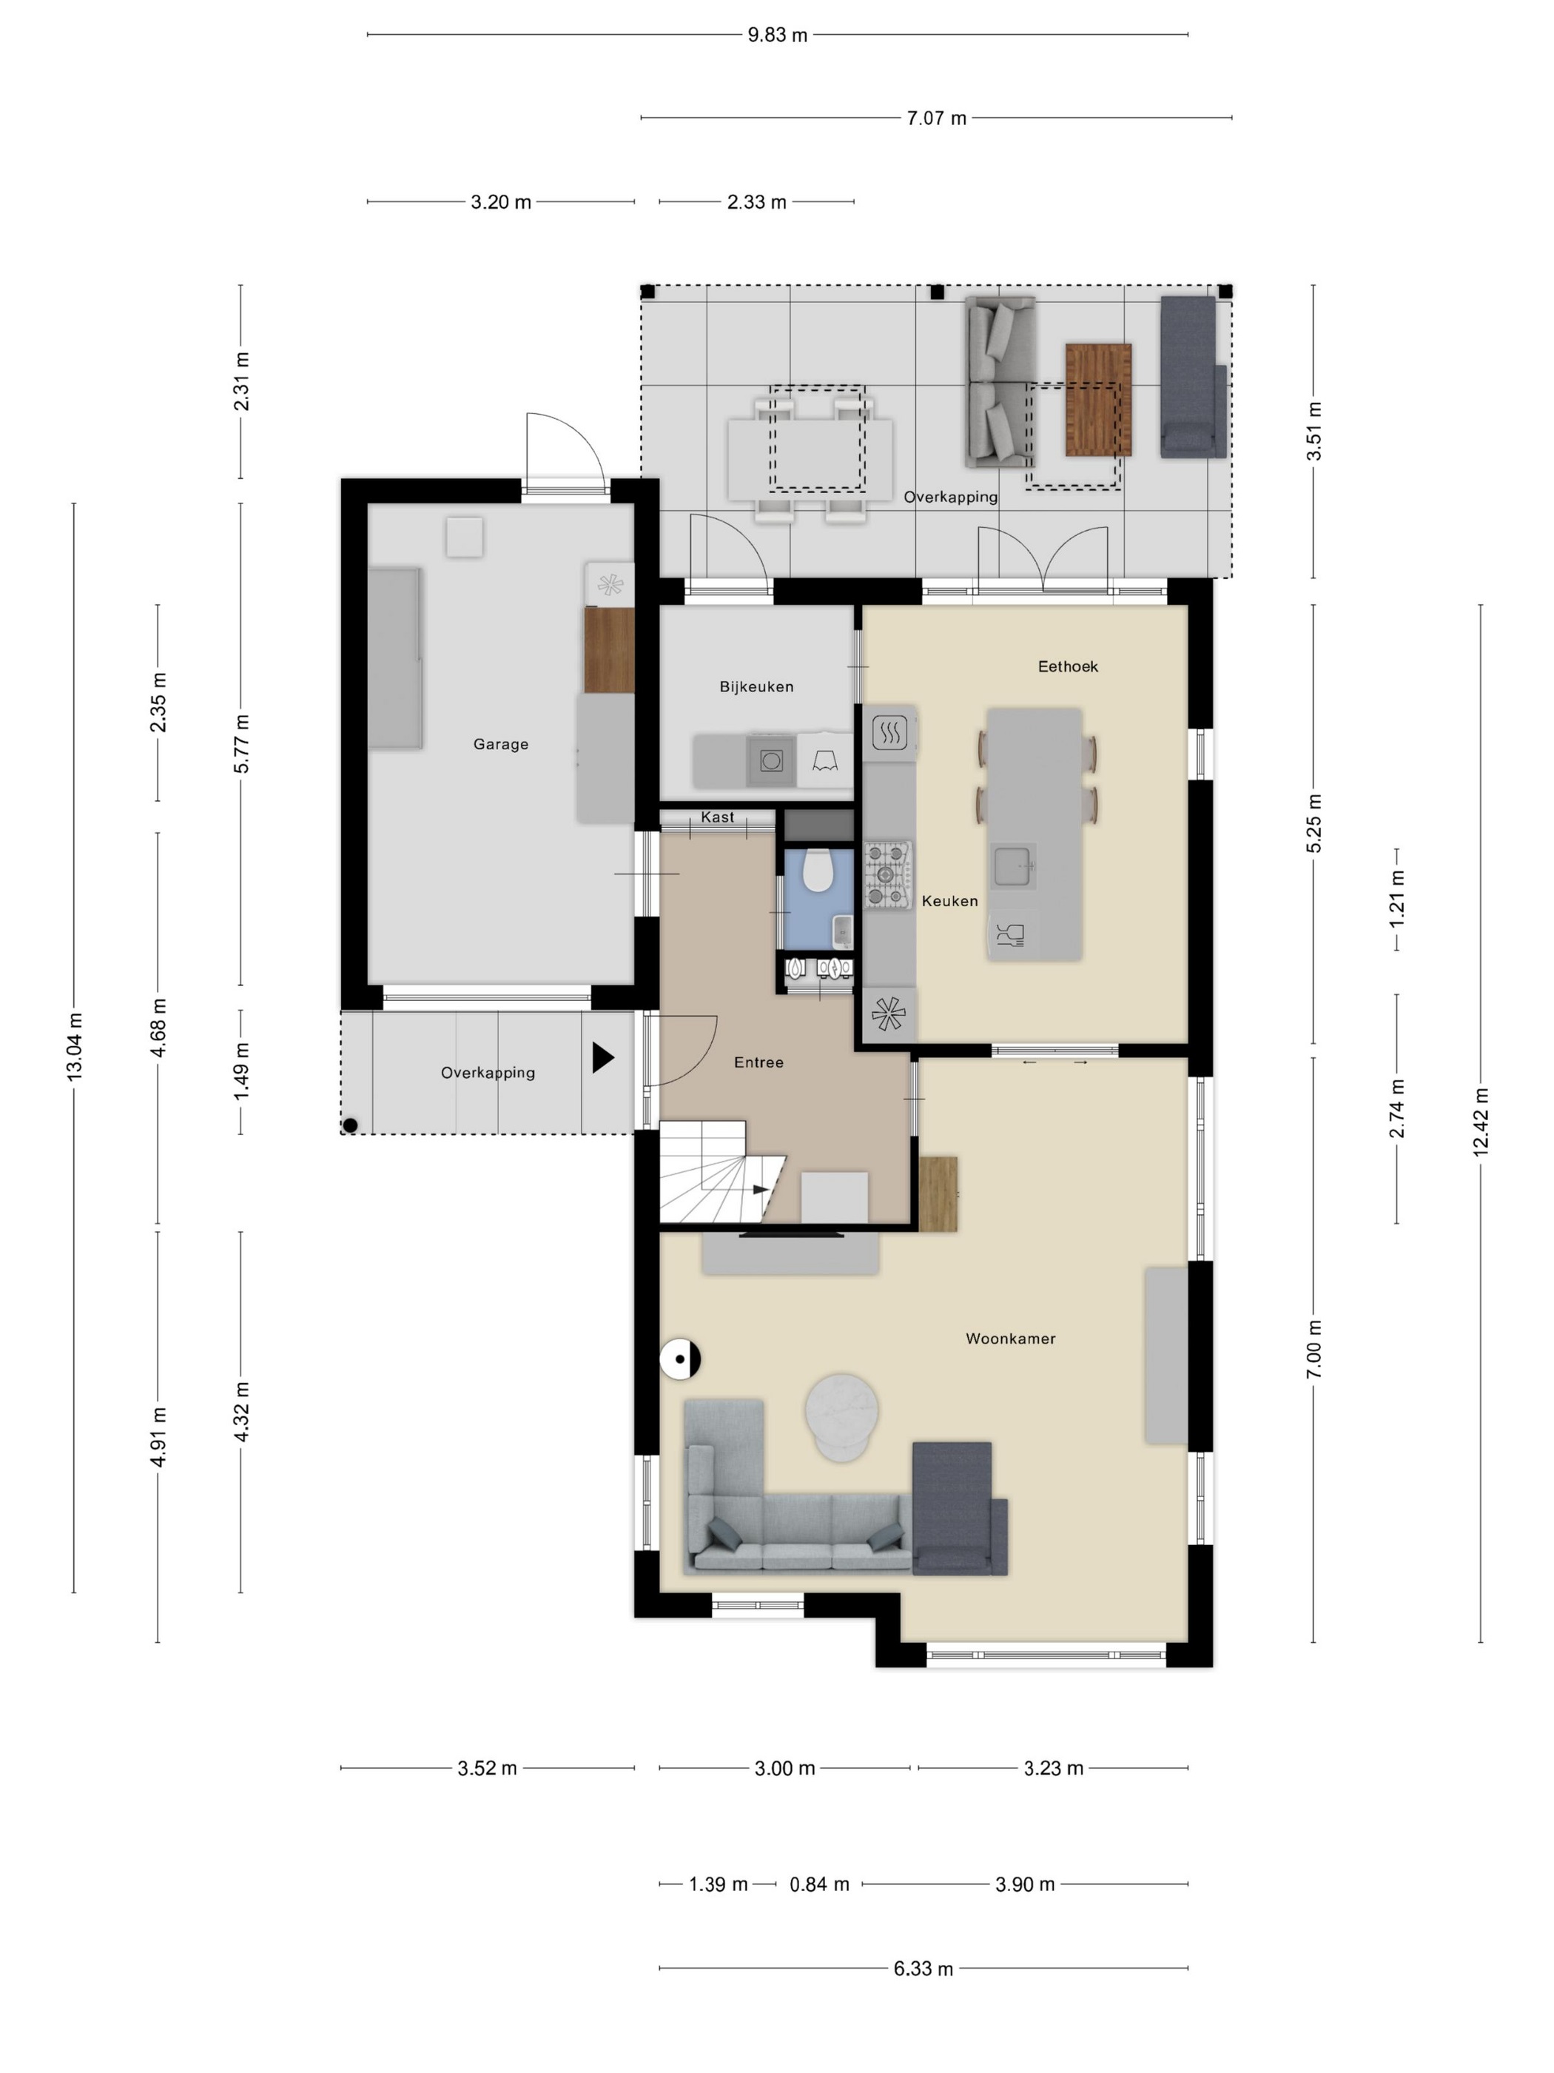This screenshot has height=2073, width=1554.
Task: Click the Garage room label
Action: click(x=500, y=744)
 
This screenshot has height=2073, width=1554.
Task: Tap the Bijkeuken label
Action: click(x=756, y=687)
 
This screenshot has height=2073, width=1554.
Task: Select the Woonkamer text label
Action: click(x=1011, y=1339)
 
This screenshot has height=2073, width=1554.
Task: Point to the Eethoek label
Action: click(x=1068, y=666)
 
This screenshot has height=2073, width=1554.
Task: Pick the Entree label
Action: click(x=758, y=1062)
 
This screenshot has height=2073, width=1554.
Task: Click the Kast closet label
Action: click(x=718, y=817)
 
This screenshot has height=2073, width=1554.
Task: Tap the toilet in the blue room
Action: click(x=818, y=871)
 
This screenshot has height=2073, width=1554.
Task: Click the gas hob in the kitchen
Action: click(x=886, y=875)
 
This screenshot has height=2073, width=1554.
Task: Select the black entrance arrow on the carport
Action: click(x=602, y=1058)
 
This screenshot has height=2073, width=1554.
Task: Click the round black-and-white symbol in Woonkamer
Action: click(x=680, y=1359)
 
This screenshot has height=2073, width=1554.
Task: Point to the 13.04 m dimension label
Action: click(x=75, y=1047)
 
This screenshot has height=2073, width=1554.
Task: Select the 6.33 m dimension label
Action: click(x=924, y=1968)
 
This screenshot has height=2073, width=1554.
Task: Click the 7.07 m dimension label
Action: click(x=937, y=118)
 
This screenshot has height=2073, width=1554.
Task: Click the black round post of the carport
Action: click(x=350, y=1125)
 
